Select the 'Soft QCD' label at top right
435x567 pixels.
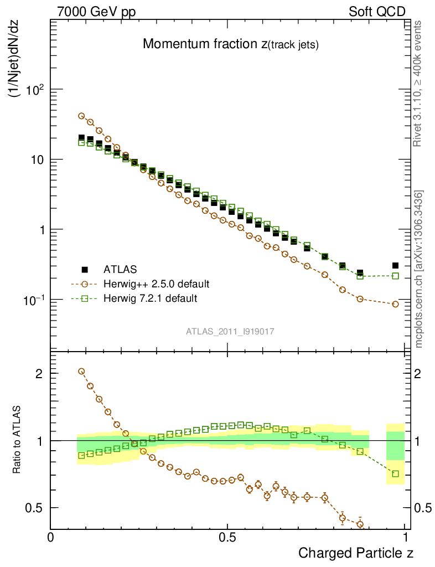point(377,12)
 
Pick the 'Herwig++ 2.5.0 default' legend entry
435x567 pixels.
point(156,284)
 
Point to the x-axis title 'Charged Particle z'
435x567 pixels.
point(356,553)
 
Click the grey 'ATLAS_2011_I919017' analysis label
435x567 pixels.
point(230,331)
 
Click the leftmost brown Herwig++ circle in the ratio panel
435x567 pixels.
point(81,372)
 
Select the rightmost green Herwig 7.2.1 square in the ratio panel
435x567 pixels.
point(395,473)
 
